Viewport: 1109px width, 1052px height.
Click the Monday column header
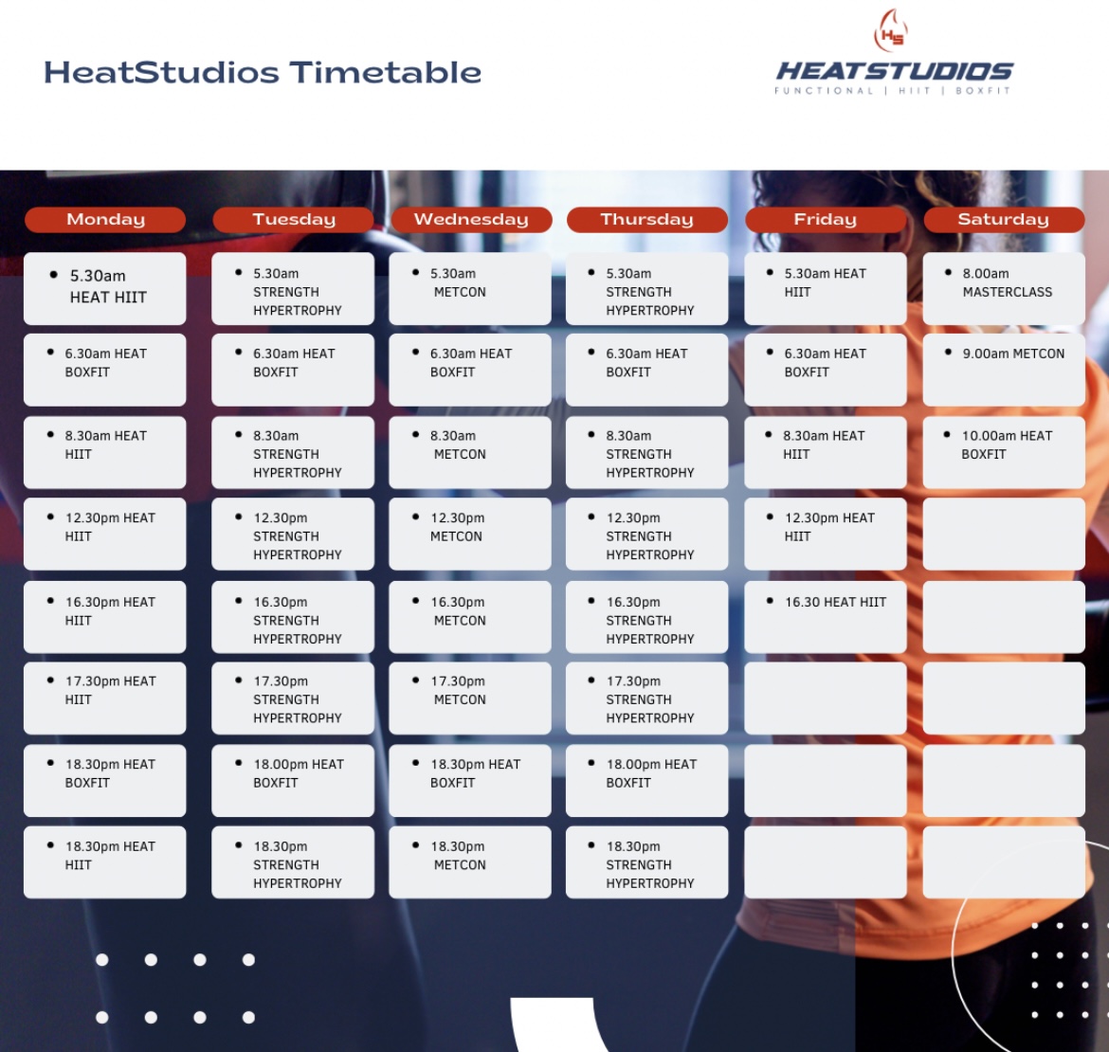pos(104,219)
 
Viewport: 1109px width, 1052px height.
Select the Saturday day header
pos(1004,219)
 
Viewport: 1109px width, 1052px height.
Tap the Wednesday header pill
pos(471,219)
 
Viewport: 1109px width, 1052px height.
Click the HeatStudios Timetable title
pos(263,73)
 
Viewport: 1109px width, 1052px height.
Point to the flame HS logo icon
pos(891,30)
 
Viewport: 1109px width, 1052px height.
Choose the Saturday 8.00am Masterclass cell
pos(1004,288)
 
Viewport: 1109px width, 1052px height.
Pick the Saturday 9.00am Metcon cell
pos(1004,370)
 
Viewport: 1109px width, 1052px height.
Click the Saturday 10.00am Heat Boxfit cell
pos(1004,452)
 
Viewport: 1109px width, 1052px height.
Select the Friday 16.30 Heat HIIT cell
pos(826,617)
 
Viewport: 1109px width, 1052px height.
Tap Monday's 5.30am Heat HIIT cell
pos(104,288)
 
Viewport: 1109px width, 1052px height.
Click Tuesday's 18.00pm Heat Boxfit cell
pos(293,781)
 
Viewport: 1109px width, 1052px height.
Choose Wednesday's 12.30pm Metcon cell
pos(469,534)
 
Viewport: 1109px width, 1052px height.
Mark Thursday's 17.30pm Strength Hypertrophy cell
pos(647,698)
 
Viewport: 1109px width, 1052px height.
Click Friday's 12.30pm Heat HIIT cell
pos(826,534)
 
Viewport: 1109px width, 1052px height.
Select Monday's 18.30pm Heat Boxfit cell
pos(104,781)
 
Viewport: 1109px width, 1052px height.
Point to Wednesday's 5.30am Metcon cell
pos(469,288)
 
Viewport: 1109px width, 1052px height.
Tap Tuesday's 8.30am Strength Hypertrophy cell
pos(293,452)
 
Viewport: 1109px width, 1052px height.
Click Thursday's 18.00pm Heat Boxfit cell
pos(647,781)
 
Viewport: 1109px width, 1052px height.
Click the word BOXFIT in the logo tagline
pos(983,90)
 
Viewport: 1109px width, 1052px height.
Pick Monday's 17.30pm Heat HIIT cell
pos(104,698)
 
